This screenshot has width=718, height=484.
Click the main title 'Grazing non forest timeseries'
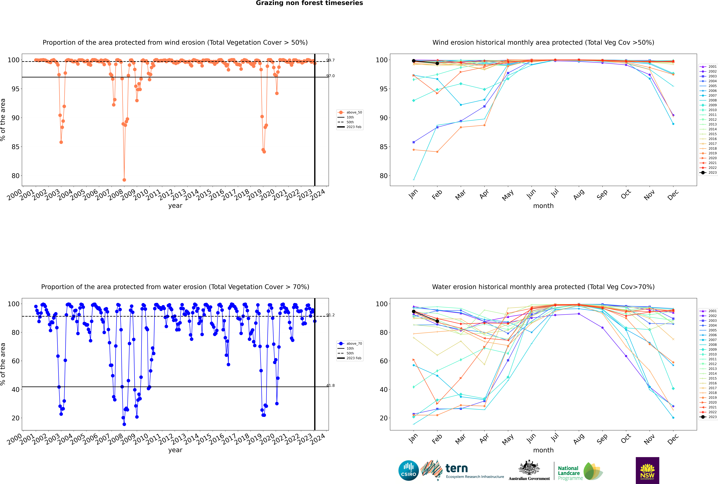[x=309, y=3]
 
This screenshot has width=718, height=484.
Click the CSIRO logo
[x=408, y=470]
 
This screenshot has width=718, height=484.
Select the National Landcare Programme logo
[x=580, y=471]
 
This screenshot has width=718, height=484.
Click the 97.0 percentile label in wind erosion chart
[x=330, y=76]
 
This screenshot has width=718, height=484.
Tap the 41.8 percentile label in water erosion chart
[x=330, y=386]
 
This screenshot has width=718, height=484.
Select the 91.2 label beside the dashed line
[x=330, y=315]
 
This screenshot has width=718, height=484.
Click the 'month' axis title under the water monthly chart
[x=543, y=450]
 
